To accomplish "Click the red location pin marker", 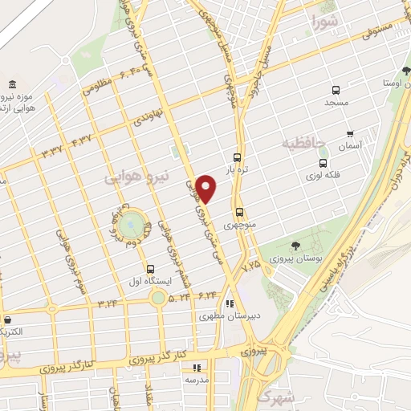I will point(207,188).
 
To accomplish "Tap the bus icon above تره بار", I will point(236,158).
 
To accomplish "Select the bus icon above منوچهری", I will point(239,213).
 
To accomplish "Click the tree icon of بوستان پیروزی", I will point(296,246).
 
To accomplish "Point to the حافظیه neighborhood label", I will point(303,144).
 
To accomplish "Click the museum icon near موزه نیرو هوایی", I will point(12,85).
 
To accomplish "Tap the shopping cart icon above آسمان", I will point(349,133).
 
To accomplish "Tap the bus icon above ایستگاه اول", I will point(150,268).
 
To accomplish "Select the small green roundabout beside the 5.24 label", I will point(158,298).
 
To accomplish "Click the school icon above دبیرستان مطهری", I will point(229,303).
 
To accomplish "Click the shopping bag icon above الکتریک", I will point(6,319).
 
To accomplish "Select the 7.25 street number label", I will point(251,263).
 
